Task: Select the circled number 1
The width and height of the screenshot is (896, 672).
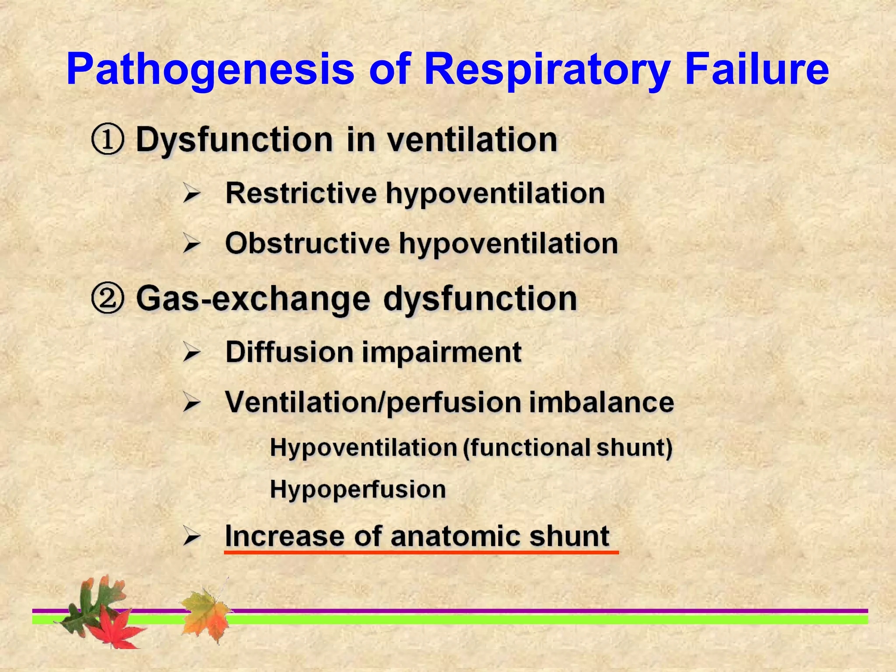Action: point(108,140)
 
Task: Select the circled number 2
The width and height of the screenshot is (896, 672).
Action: point(108,299)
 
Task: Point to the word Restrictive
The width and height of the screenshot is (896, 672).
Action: point(301,193)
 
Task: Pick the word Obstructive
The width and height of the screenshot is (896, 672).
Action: point(307,243)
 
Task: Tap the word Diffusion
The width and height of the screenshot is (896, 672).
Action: point(289,352)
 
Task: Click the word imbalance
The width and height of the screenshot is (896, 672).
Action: point(602,402)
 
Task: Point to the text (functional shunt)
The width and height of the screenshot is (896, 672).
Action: point(567,448)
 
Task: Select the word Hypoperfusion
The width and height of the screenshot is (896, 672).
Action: point(358,489)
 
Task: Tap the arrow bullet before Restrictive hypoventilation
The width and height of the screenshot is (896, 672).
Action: point(192,193)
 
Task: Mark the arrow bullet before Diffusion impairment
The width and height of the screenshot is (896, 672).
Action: point(192,353)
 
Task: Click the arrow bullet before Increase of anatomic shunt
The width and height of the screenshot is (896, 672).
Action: point(192,536)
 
